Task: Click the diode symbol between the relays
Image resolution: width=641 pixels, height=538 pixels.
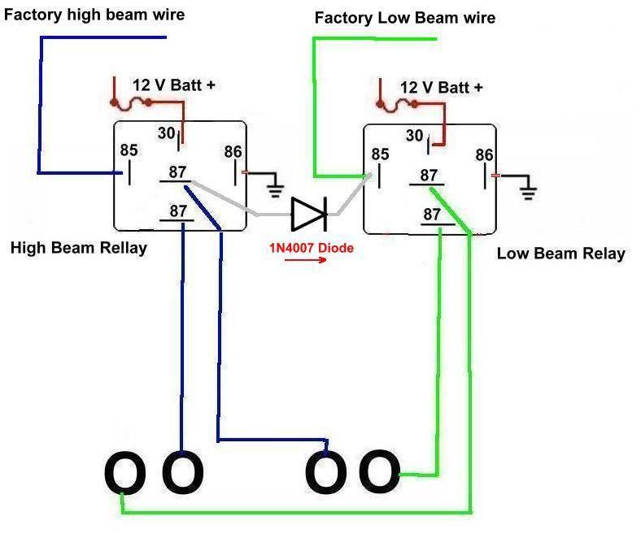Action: [308, 215]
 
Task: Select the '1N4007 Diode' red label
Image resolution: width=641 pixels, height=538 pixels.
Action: [312, 248]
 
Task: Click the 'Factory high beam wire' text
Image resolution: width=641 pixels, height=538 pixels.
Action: [94, 15]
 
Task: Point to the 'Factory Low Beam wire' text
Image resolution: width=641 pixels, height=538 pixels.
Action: [404, 18]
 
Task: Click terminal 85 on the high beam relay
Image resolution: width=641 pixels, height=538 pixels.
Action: [129, 150]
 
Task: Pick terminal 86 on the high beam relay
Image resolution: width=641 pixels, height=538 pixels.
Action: [233, 151]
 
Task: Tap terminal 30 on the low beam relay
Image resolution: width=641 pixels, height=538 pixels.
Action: [414, 136]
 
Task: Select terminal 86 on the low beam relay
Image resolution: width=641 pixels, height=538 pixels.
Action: [484, 155]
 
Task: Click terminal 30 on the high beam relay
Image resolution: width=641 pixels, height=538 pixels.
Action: [167, 132]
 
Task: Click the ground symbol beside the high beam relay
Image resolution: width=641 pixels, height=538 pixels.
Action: [276, 188]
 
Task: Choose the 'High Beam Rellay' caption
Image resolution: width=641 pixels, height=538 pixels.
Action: [78, 248]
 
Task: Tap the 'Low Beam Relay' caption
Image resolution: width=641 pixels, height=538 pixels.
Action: [560, 254]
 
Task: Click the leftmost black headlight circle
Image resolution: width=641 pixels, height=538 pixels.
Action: [124, 472]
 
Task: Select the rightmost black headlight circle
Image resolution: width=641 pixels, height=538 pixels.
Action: [379, 472]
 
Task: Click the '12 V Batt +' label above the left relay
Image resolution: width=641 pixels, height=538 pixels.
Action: [174, 85]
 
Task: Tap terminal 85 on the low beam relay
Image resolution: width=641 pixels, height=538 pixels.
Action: [380, 154]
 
